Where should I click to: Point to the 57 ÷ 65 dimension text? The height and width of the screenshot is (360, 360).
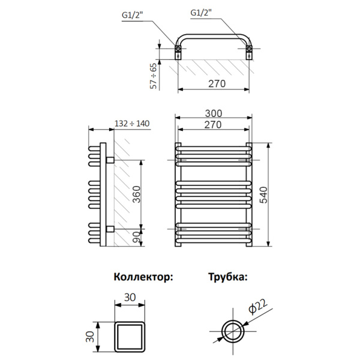[154, 76]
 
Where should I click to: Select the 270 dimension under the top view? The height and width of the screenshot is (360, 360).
[214, 83]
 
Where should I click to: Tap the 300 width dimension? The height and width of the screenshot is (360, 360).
[214, 113]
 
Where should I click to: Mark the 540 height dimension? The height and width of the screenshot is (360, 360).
[265, 194]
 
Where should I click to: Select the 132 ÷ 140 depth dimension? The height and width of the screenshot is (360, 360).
[131, 124]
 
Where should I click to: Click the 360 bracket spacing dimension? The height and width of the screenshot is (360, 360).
[137, 194]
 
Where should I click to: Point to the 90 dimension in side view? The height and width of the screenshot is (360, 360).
[137, 237]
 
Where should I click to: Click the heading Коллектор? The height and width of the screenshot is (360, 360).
[143, 277]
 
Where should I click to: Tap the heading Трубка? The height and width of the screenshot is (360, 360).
[227, 277]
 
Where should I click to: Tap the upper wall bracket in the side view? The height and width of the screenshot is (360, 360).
[110, 160]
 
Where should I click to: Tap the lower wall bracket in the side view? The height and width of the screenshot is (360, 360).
[110, 229]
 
